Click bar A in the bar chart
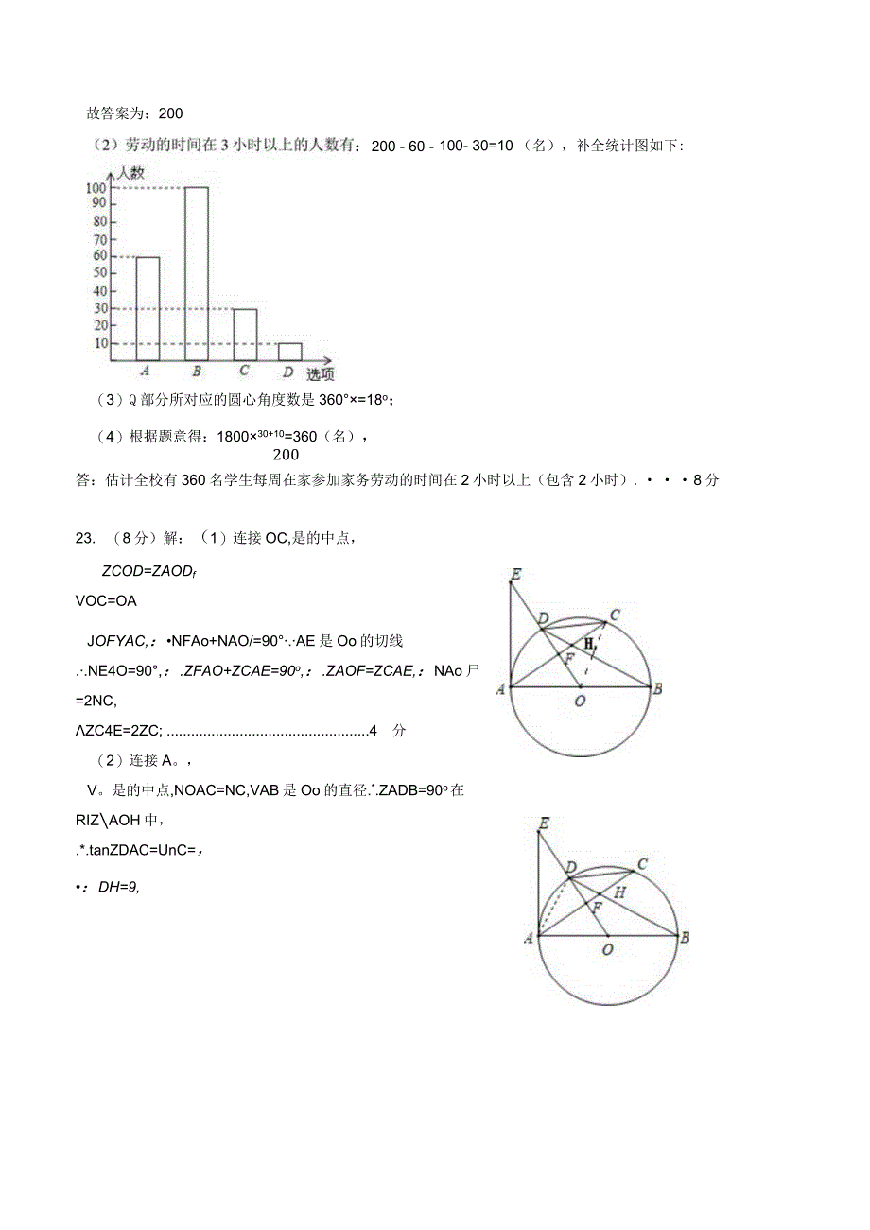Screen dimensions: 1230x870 148,307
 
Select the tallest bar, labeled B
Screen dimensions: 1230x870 196,273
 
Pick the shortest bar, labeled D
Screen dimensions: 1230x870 290,352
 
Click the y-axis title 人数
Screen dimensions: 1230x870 131,173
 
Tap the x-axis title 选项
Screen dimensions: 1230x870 320,374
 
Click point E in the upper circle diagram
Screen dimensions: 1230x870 515,574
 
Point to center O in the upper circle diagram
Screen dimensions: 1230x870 580,701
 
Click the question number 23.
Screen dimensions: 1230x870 84,538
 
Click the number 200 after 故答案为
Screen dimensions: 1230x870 170,113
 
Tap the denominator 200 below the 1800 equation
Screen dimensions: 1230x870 286,455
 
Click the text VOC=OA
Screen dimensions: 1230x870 105,600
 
